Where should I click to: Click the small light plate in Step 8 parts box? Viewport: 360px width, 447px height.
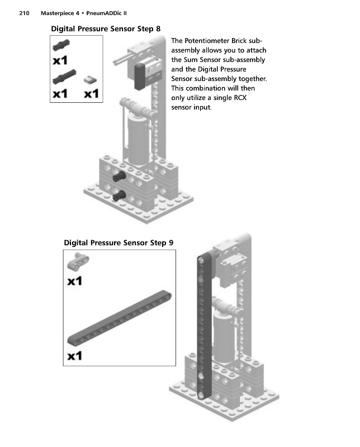[x=89, y=80]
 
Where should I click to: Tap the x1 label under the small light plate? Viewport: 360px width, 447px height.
[x=91, y=94]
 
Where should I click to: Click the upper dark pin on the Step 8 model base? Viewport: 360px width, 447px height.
[x=118, y=178]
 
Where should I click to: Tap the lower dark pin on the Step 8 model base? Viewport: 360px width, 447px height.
[x=118, y=195]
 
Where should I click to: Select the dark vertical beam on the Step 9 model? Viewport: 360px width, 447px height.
[x=204, y=324]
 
